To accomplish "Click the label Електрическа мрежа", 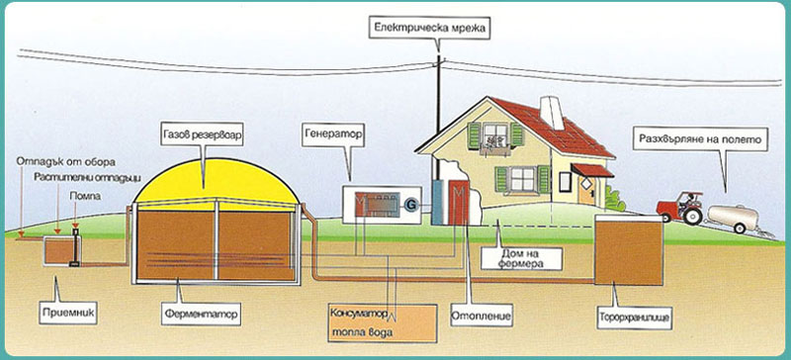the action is tap(429, 29).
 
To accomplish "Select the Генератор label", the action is tap(334, 135).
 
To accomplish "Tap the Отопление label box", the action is tap(482, 315).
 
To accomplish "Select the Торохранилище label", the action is tap(634, 317).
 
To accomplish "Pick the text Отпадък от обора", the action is tap(65, 162).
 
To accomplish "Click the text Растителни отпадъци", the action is tap(87, 178).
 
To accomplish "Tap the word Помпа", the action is tap(85, 196).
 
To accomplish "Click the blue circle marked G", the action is tap(411, 205).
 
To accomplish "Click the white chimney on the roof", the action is tap(552, 113).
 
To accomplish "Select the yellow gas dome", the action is tap(216, 183).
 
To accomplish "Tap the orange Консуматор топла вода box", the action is tap(382, 323).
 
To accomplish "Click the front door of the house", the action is tap(587, 190).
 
